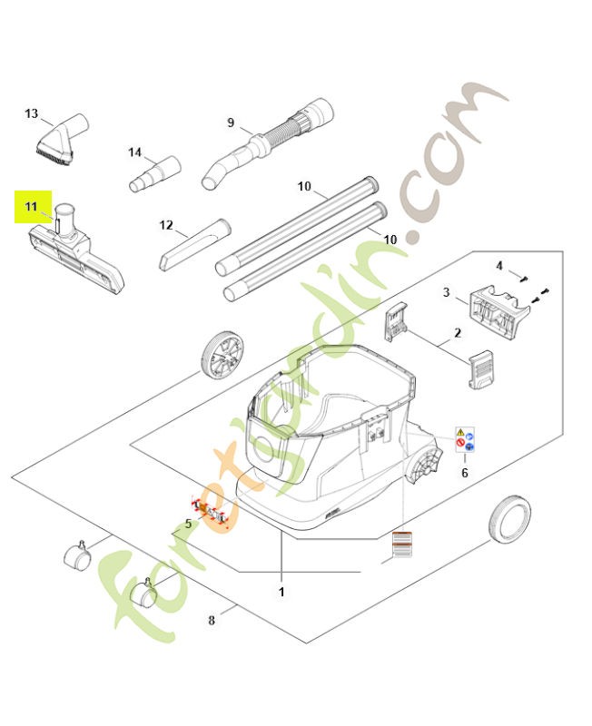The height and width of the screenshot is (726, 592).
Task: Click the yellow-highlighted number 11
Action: (x=30, y=208)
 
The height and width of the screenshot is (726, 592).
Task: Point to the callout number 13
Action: (x=32, y=113)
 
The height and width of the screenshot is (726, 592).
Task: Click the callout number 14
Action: (x=135, y=152)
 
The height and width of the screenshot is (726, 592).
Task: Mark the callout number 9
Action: (x=231, y=123)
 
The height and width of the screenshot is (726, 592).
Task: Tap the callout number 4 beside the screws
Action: (x=498, y=265)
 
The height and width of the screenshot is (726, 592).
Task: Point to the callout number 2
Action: (x=458, y=333)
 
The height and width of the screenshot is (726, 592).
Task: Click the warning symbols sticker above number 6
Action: (x=467, y=441)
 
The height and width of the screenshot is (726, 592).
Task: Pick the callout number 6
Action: (x=465, y=473)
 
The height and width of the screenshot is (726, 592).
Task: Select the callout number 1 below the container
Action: (x=281, y=592)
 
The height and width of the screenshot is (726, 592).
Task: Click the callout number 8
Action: (x=212, y=621)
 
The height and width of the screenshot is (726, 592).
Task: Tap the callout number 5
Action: (x=188, y=524)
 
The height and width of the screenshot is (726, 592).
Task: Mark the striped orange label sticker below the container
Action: (x=400, y=544)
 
